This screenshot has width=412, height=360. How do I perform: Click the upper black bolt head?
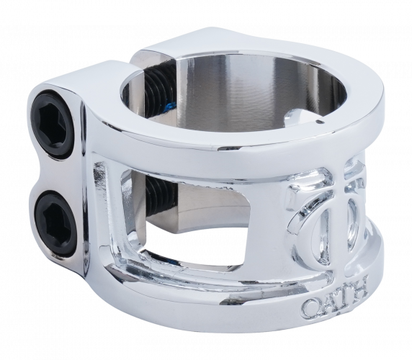click(55, 124)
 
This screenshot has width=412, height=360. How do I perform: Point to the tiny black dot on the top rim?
click(318, 122)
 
